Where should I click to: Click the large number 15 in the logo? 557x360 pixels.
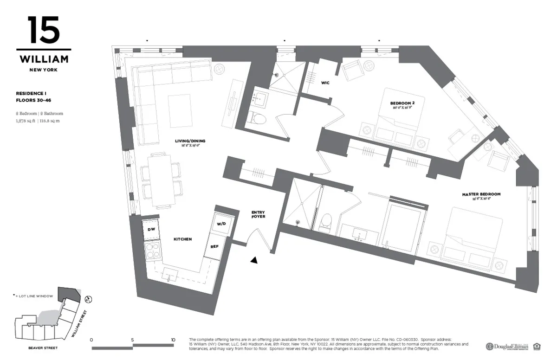tap(43, 30)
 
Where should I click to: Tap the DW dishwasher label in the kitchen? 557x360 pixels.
tap(151, 230)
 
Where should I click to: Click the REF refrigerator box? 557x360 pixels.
tap(214, 247)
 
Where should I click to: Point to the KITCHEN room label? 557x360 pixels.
tap(182, 239)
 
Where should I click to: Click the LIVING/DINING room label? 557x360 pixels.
tap(190, 141)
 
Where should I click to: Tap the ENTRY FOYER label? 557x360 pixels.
tap(258, 214)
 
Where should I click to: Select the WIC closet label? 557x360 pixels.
tap(325, 83)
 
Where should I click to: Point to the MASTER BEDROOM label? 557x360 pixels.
tap(481, 194)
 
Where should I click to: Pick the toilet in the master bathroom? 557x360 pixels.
tap(326, 221)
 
